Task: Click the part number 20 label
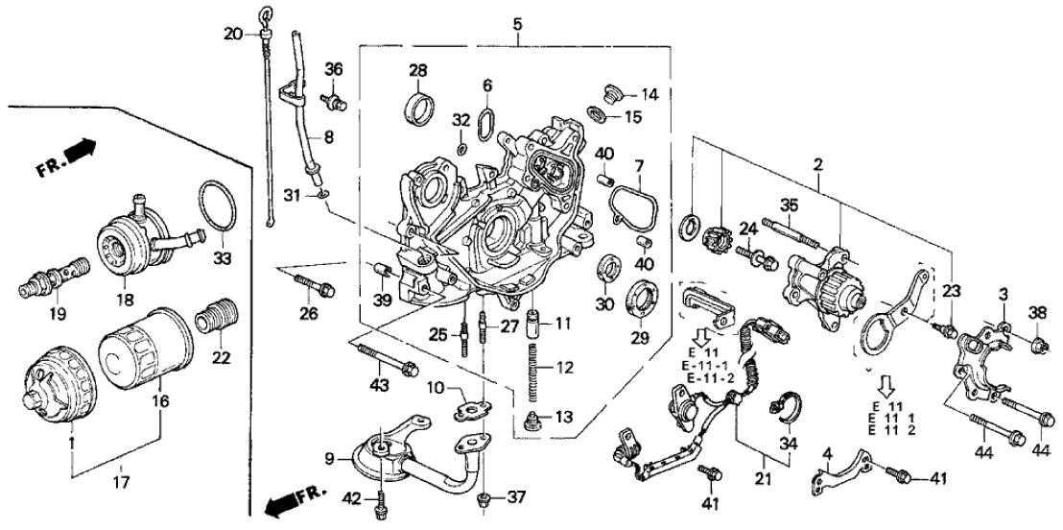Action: [x=233, y=35]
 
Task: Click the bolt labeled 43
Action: [x=383, y=362]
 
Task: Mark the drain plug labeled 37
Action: [x=486, y=496]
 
